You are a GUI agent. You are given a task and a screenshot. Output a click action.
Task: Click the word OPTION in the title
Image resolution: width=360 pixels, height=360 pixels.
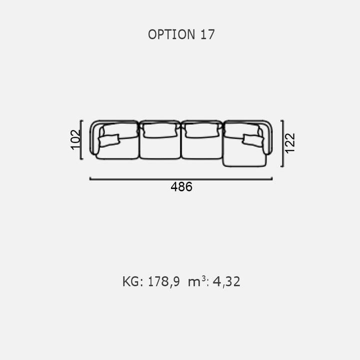coord(171,34)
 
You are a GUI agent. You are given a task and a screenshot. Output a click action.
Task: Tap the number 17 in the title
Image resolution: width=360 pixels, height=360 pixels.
coord(207,34)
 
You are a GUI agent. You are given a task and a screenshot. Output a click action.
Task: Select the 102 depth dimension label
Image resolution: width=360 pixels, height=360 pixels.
coord(75,140)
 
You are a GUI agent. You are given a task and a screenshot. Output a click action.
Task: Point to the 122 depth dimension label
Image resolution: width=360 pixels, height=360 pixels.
coord(289,143)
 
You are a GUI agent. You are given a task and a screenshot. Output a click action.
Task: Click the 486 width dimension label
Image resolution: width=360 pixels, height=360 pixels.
coord(181,186)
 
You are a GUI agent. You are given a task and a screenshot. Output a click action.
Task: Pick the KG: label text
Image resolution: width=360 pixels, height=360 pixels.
coord(132,281)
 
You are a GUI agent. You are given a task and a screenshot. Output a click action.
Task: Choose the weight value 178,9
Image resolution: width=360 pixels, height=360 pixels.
coord(163,281)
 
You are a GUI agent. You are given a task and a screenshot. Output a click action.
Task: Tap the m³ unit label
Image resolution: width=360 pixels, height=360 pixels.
coord(197,281)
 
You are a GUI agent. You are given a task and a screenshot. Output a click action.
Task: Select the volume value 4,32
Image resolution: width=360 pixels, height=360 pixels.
coord(226,281)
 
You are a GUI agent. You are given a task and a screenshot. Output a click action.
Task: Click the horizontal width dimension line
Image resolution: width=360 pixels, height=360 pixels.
coord(181,179)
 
